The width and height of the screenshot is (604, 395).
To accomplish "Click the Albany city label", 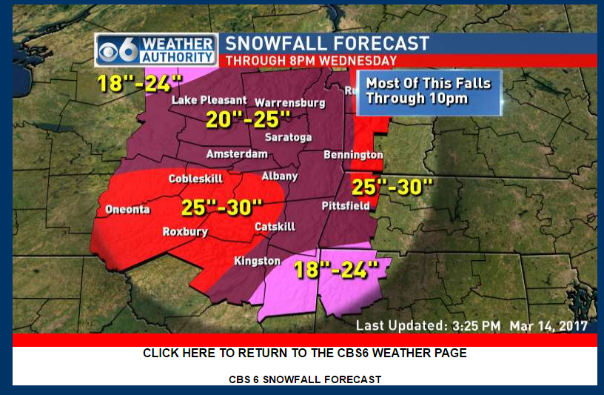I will pyautogui.click(x=280, y=176).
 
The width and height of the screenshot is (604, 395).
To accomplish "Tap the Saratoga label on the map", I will pyautogui.click(x=289, y=138).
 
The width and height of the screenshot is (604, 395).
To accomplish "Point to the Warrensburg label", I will pyautogui.click(x=290, y=102).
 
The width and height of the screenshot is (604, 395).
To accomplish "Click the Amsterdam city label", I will pyautogui.click(x=237, y=154).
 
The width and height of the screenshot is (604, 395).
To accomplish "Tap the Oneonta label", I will pyautogui.click(x=127, y=209).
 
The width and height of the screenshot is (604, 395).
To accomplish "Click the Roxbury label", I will pyautogui.click(x=185, y=232).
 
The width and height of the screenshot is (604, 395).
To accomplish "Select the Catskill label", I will pyautogui.click(x=275, y=226).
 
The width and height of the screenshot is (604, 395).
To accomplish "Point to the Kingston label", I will pyautogui.click(x=257, y=261).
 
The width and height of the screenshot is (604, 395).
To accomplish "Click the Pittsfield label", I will pyautogui.click(x=346, y=206).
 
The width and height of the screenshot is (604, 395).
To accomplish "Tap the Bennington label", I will pyautogui.click(x=353, y=155).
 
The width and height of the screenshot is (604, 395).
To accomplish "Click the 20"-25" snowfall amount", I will pyautogui.click(x=248, y=120).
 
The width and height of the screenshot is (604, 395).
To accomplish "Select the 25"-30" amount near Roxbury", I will pyautogui.click(x=222, y=208).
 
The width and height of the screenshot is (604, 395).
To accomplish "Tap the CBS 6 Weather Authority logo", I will pyautogui.click(x=156, y=50).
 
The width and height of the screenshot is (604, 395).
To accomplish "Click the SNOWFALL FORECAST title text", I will pyautogui.click(x=327, y=44).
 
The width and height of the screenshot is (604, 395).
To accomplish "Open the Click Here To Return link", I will pyautogui.click(x=304, y=353).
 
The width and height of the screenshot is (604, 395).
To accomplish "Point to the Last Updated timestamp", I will pyautogui.click(x=472, y=325).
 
